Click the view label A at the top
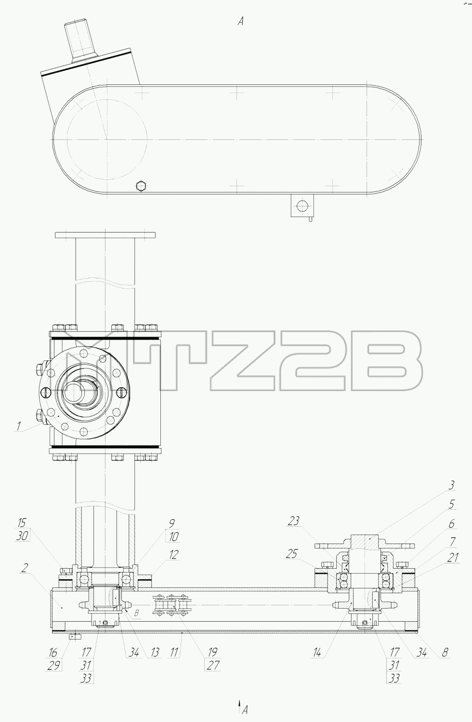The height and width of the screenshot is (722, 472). pos(240,21)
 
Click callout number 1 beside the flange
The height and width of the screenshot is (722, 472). pos(18,426)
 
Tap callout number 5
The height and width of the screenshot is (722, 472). pos(452,513)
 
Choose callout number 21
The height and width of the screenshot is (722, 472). pos(453,557)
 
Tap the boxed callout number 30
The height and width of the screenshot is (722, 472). pos(22,536)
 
